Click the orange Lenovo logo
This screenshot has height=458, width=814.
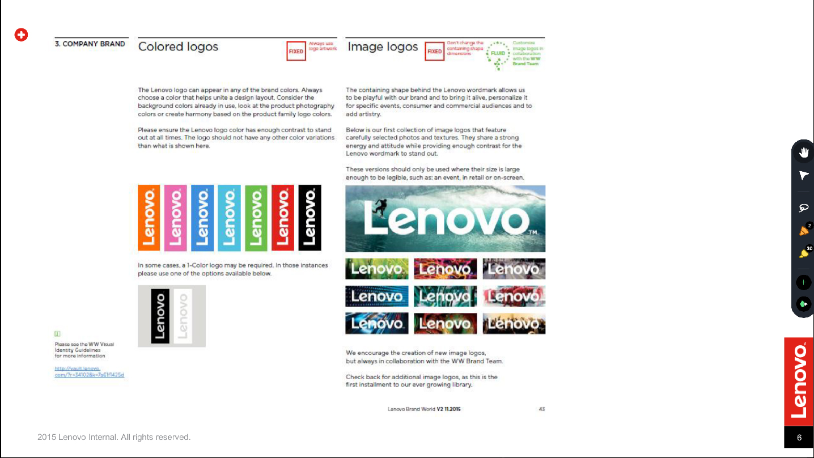149,218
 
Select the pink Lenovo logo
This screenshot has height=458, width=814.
176,218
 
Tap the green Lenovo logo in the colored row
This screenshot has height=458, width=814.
256,218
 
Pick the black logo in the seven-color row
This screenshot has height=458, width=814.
310,218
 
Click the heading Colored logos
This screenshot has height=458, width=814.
178,46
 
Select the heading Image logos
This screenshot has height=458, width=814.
383,46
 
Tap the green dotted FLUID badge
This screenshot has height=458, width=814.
498,54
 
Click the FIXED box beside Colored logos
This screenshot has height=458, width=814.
296,51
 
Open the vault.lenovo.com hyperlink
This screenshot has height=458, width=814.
89,372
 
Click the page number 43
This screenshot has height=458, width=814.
542,409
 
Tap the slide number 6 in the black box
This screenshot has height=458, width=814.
799,437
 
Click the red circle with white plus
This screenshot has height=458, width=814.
21,35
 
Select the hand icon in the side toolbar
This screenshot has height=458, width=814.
803,152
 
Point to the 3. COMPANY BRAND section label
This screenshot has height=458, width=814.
90,44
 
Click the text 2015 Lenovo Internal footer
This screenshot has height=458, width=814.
114,437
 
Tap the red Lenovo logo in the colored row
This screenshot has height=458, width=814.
283,218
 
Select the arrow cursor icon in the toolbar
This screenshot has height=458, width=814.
803,176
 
